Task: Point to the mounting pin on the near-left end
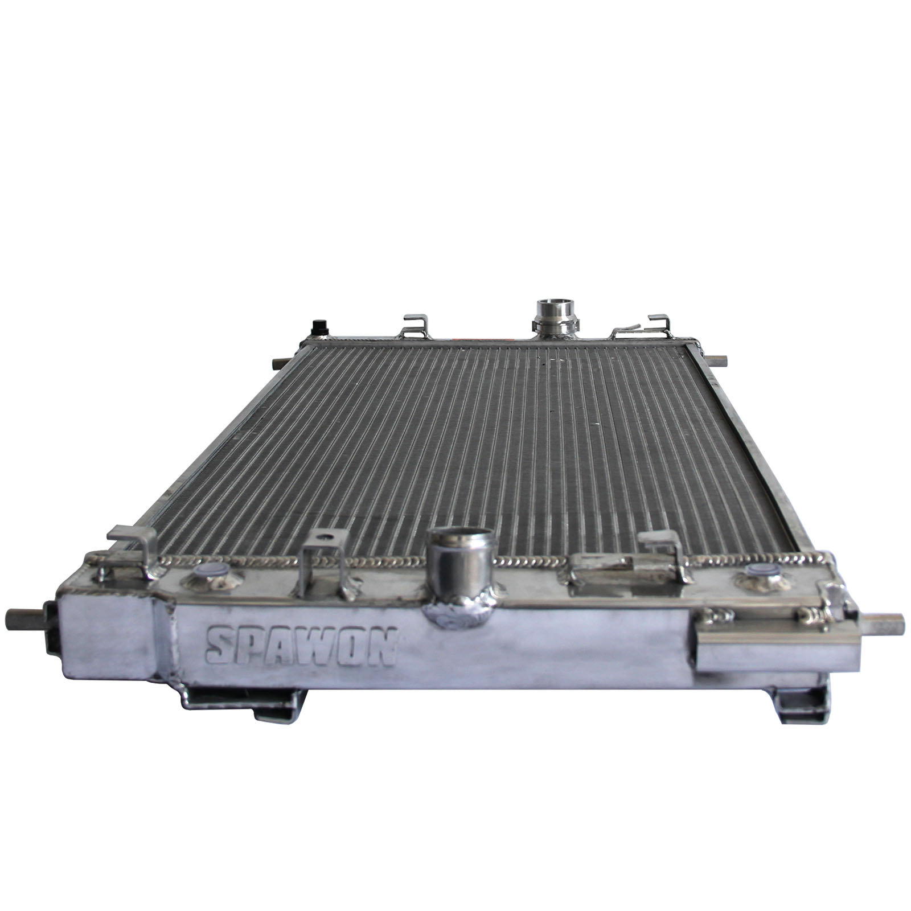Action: point(23,616)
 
